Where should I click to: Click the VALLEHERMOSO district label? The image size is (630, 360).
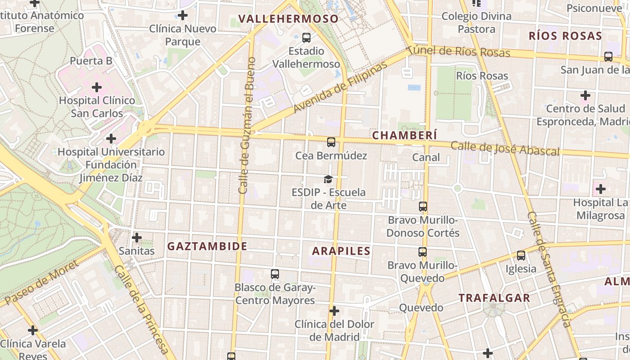point(288,19)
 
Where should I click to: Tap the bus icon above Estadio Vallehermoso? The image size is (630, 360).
point(306,38)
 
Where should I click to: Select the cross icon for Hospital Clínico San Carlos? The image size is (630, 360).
point(97,87)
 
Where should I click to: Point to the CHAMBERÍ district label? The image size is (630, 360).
point(405,135)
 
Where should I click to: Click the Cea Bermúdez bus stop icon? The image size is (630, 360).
point(331,143)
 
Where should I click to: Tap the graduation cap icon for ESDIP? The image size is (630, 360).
point(328,180)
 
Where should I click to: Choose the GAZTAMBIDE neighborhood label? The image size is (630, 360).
point(207,246)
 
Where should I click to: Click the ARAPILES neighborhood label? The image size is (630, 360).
point(341,251)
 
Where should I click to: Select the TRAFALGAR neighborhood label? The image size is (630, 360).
point(494,298)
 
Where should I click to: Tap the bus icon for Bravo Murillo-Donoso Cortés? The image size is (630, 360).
point(423,207)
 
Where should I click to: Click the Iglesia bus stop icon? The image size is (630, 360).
point(521,256)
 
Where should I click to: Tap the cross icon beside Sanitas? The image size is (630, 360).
point(137,237)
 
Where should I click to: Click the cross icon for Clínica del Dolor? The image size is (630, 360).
point(334,311)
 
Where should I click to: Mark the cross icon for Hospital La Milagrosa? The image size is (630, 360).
point(600,189)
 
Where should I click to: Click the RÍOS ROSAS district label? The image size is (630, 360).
point(565,36)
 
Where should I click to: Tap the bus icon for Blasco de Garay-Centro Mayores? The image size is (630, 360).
point(275,274)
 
